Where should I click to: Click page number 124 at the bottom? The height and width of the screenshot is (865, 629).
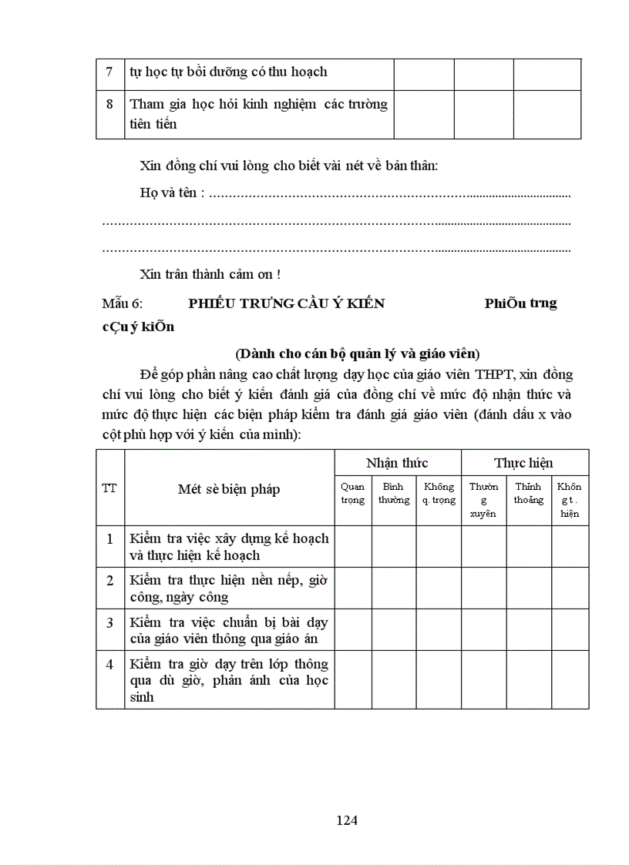pyautogui.click(x=347, y=820)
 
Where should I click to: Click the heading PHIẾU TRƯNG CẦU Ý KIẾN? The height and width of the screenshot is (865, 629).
pyautogui.click(x=287, y=303)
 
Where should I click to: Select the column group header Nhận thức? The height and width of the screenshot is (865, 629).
pyautogui.click(x=397, y=463)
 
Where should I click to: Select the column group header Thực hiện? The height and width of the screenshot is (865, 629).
pyautogui.click(x=524, y=463)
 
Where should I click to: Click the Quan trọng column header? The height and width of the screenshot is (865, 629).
pyautogui.click(x=353, y=493)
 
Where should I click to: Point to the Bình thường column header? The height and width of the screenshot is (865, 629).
pyautogui.click(x=394, y=493)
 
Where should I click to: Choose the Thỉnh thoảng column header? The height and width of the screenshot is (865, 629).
pyautogui.click(x=529, y=493)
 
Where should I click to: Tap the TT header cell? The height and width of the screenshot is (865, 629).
pyautogui.click(x=110, y=488)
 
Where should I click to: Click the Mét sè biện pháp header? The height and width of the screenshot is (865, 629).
pyautogui.click(x=229, y=489)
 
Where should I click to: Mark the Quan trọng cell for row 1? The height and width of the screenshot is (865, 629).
pyautogui.click(x=353, y=546)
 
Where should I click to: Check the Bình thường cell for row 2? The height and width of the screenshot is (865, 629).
pyautogui.click(x=394, y=588)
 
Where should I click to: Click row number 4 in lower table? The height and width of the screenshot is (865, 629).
pyautogui.click(x=110, y=664)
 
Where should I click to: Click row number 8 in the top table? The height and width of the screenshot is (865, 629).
pyautogui.click(x=110, y=104)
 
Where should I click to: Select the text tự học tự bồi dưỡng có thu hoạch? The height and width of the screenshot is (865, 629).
pyautogui.click(x=229, y=72)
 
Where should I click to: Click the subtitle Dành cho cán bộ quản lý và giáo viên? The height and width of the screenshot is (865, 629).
pyautogui.click(x=358, y=354)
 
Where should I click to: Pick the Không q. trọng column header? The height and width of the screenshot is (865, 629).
pyautogui.click(x=439, y=493)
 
